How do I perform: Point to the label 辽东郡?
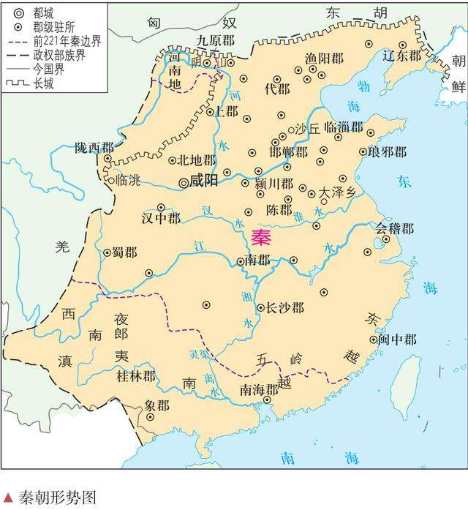pyautogui.click(x=404, y=55)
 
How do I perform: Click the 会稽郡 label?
pyautogui.click(x=395, y=229)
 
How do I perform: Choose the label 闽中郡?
pyautogui.click(x=398, y=340)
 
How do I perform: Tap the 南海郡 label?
pyautogui.click(x=260, y=389)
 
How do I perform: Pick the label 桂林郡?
pyautogui.click(x=137, y=377)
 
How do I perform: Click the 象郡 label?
pyautogui.click(x=157, y=405)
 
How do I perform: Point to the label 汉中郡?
pyautogui.click(x=161, y=218)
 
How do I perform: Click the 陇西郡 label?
pyautogui.click(x=94, y=148)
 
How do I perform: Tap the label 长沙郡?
pyautogui.click(x=284, y=308)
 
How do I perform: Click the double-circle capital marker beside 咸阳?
pyautogui.click(x=183, y=182)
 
